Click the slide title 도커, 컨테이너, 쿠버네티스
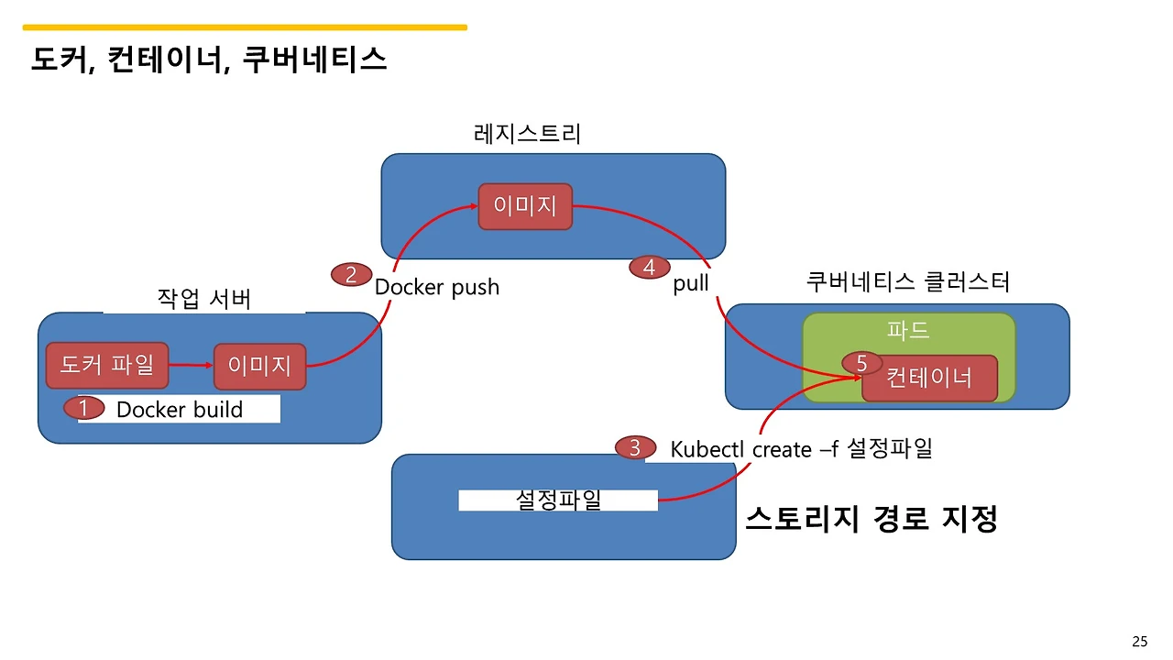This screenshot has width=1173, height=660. point(209,60)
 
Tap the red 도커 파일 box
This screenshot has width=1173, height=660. point(107,366)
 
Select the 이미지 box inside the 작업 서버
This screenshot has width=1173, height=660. point(259,367)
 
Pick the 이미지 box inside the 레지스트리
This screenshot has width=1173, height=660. point(525,206)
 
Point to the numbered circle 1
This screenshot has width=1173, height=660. point(83,409)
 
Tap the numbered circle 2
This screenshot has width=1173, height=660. point(351,274)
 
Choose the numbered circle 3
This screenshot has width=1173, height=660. point(635,448)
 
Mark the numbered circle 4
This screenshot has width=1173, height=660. point(650,268)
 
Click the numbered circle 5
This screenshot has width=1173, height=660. point(861,363)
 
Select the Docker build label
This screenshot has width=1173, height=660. point(180,410)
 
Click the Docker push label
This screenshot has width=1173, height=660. point(437,287)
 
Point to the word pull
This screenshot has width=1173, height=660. point(691,283)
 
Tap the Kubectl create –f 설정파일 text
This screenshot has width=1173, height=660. point(801,449)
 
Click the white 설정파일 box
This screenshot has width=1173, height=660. point(558,500)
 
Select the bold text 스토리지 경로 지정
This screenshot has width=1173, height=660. point(871,519)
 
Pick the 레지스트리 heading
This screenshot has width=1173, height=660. point(527,134)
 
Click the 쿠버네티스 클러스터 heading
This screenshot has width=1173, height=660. point(907,281)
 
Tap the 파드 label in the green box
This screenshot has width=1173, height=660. point(908,330)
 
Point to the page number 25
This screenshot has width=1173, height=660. point(1140,641)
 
